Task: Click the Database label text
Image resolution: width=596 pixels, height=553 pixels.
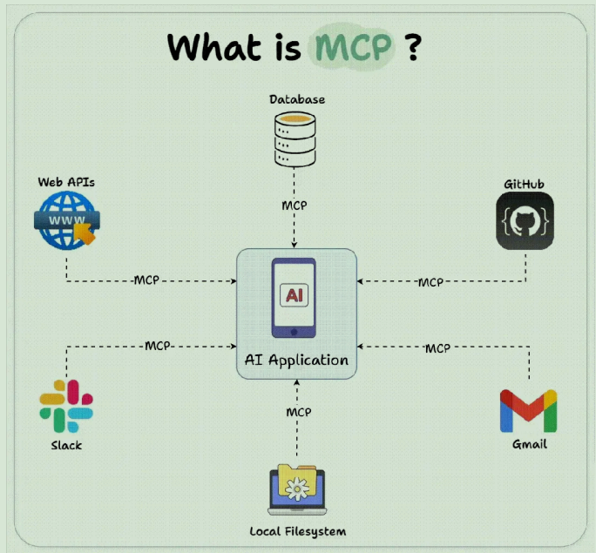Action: pyautogui.click(x=297, y=99)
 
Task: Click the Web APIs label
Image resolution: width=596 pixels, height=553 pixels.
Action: pyautogui.click(x=66, y=182)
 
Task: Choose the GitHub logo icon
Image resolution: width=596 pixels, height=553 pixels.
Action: pyautogui.click(x=525, y=222)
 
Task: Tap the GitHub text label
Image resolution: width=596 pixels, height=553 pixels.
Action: pyautogui.click(x=525, y=185)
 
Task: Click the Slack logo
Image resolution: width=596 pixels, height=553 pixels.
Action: pyautogui.click(x=66, y=406)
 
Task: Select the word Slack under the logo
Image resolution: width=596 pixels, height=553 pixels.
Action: pyautogui.click(x=66, y=445)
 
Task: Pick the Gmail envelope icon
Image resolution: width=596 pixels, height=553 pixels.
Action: pyautogui.click(x=529, y=411)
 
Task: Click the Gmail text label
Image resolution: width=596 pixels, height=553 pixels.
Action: pyautogui.click(x=530, y=444)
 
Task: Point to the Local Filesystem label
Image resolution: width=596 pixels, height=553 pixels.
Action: pyautogui.click(x=298, y=531)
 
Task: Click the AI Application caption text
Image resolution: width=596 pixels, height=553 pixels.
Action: pyautogui.click(x=297, y=360)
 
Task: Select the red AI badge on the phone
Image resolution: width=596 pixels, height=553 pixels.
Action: pyautogui.click(x=296, y=295)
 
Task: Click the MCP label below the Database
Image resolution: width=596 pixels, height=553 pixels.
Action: pyautogui.click(x=295, y=206)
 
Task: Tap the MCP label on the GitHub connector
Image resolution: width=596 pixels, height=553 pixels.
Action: pyautogui.click(x=430, y=282)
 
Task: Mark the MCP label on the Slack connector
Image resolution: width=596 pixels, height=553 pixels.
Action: pyautogui.click(x=158, y=346)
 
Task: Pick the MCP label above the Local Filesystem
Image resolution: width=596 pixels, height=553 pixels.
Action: pyautogui.click(x=298, y=412)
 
